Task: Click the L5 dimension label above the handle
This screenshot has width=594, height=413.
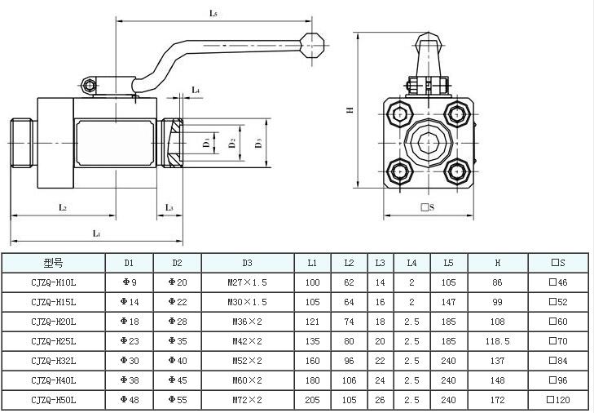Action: coord(213,13)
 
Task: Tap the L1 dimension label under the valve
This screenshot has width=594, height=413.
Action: coord(95,233)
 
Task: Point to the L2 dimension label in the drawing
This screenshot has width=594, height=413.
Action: coord(63,207)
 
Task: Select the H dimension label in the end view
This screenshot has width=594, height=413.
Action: coord(349,110)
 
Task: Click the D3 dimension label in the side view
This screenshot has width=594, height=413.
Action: coord(258,143)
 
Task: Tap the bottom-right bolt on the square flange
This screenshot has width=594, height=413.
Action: coord(455,171)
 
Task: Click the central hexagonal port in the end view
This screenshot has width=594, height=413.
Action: coord(427,144)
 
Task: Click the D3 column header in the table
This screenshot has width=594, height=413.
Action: coord(247,263)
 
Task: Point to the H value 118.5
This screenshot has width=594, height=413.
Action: coord(496,341)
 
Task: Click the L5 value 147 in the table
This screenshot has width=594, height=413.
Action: coord(448,302)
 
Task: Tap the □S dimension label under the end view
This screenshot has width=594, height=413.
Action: coord(428,207)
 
